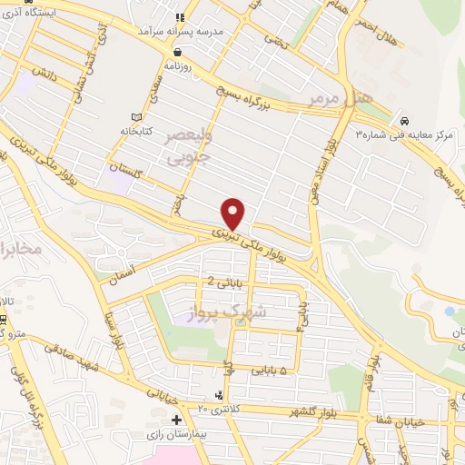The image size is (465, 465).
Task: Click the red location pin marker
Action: (x=234, y=213)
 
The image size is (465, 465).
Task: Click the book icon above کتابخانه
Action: (x=137, y=117)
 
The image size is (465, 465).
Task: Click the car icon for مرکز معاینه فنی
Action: (x=403, y=121)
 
